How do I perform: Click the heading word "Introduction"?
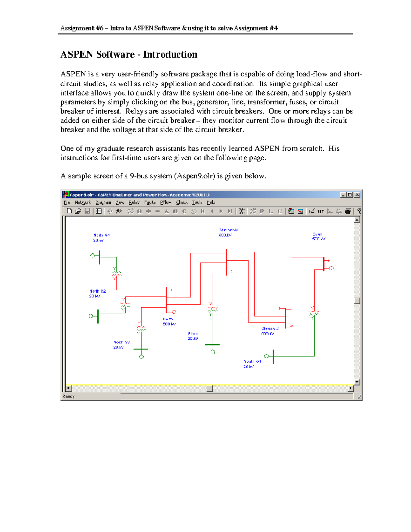click(170, 54)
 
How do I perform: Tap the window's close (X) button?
click(357, 195)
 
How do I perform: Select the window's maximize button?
click(350, 195)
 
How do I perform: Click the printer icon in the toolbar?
click(348, 211)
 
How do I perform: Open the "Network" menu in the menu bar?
click(83, 202)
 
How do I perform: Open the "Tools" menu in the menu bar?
click(197, 202)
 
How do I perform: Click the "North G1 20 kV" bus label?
click(101, 238)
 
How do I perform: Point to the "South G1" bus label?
click(252, 361)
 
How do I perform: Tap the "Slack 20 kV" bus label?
click(193, 336)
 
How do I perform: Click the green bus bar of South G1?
click(273, 357)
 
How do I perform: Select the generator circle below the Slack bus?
click(213, 352)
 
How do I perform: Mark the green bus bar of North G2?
click(98, 316)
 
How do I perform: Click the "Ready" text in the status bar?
click(68, 396)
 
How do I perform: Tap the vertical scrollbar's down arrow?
click(357, 382)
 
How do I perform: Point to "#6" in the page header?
click(99, 28)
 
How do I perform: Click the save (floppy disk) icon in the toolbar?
click(87, 211)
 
